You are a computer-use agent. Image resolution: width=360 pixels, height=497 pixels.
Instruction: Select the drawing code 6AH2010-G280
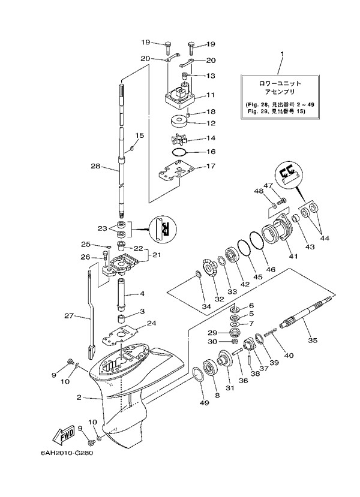(59, 469)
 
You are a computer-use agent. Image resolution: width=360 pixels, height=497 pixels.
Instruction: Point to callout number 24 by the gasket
(151, 323)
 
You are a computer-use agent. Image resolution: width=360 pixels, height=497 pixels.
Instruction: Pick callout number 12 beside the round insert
(211, 124)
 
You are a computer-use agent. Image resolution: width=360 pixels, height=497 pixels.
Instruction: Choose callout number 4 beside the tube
(143, 294)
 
